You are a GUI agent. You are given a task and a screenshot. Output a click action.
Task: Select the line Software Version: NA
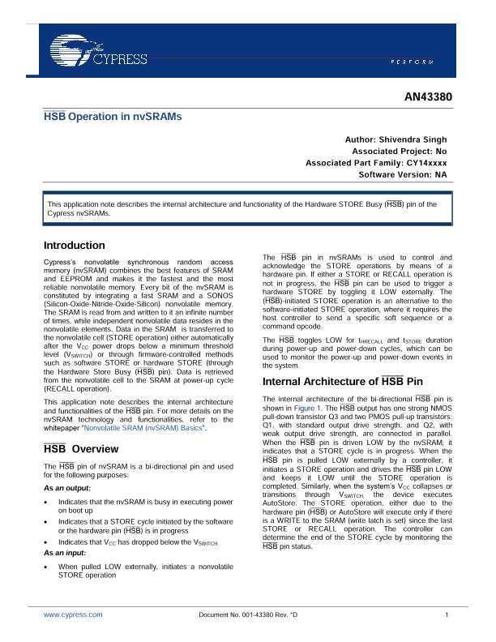pyautogui.click(x=402, y=174)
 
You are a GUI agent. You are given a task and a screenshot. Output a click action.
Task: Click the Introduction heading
pyautogui.click(x=74, y=245)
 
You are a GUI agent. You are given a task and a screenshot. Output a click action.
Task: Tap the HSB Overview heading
pyautogui.click(x=80, y=448)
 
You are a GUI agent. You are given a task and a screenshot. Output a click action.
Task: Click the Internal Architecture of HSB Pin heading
pyautogui.click(x=343, y=381)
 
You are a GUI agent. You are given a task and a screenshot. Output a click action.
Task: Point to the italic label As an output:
pyautogui.click(x=67, y=489)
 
